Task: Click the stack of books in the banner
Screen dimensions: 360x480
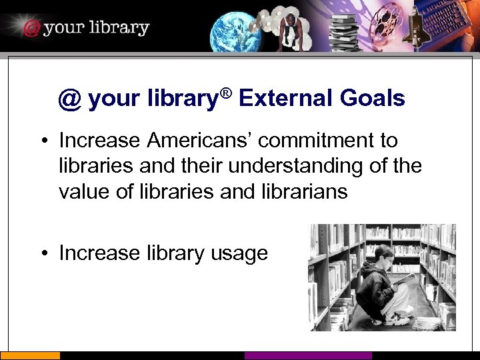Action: coord(346,29)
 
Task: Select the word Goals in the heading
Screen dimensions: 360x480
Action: coord(372,99)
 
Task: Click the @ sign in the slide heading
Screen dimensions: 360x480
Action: coord(69,99)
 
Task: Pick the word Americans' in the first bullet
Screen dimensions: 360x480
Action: coord(199,141)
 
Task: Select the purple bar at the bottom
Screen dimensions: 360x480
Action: coord(307,356)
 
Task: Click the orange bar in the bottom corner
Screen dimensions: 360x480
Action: coord(29,356)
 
